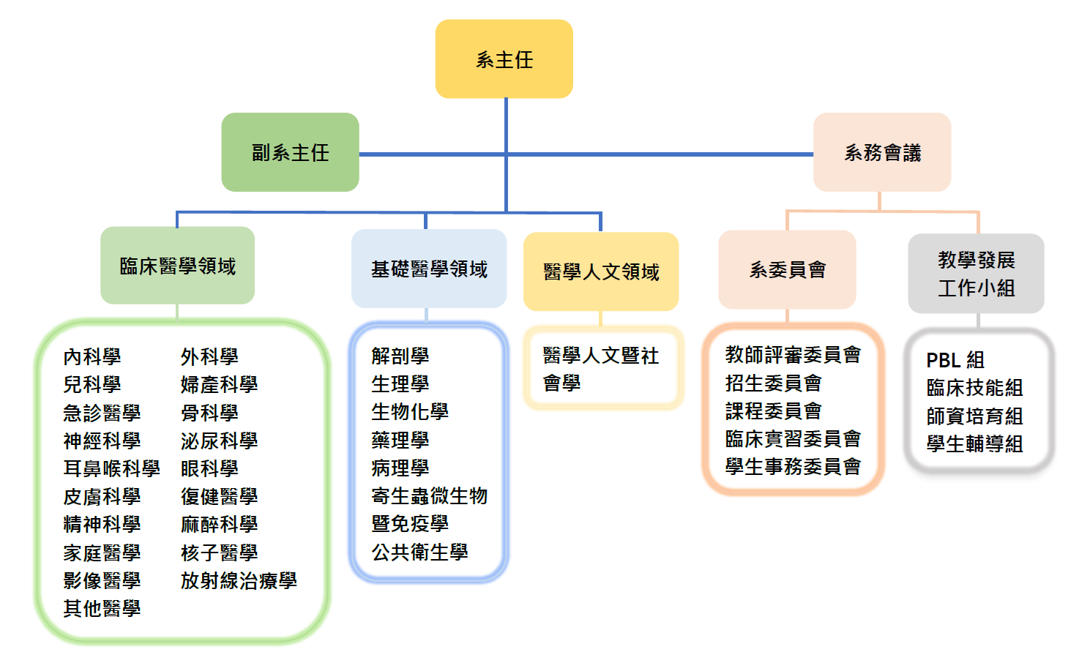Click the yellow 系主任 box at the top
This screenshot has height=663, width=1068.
[504, 59]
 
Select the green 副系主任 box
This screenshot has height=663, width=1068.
[290, 152]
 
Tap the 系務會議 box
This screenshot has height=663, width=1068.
[882, 152]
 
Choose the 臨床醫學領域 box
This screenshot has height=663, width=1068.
[177, 266]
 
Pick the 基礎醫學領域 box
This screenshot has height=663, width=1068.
[429, 269]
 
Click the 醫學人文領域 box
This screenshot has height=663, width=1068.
[601, 271]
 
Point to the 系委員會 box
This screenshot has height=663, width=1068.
[787, 270]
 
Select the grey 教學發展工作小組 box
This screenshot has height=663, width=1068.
[976, 274]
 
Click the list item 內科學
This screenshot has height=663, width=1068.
[92, 356]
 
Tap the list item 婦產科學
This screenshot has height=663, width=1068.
[219, 384]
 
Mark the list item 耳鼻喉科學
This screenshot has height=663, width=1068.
[111, 468]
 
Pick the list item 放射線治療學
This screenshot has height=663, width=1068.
[239, 580]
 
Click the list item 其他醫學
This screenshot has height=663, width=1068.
[102, 608]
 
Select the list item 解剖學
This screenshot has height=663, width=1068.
[400, 356]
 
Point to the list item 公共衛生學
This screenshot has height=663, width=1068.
[419, 552]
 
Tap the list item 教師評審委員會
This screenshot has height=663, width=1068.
[793, 355]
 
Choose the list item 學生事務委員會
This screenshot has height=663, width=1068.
[793, 467]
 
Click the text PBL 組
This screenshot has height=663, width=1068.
[955, 360]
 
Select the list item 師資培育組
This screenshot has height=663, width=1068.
[974, 416]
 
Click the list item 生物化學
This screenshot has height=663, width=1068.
[410, 411]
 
